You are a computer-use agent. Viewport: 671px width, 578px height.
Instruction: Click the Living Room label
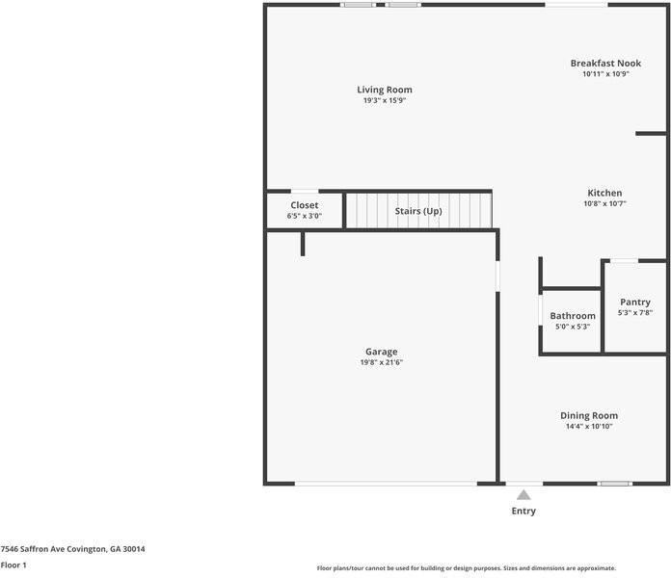[385, 90]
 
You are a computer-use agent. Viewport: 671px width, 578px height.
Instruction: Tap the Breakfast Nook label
[604, 63]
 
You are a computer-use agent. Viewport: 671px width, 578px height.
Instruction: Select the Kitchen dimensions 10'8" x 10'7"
[604, 204]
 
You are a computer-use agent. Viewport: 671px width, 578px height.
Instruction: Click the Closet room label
[304, 205]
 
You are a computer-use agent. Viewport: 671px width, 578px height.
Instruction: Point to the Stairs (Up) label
[418, 210]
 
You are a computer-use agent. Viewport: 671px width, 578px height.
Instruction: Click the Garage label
[381, 352]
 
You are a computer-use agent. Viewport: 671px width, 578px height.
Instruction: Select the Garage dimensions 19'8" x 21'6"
[381, 363]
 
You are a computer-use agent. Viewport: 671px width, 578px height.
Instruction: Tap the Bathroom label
[573, 316]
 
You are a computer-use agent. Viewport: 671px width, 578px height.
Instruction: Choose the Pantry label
[634, 302]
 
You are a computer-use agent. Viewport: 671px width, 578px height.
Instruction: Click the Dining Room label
[588, 415]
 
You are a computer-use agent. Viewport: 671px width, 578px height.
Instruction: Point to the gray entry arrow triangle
[523, 495]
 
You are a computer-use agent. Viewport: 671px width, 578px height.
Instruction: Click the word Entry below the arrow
[523, 511]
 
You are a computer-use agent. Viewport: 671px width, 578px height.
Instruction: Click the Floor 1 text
[13, 565]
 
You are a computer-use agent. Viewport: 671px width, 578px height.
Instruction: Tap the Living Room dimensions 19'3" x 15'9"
[385, 101]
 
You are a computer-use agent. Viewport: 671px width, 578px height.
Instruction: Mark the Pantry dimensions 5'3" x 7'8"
[634, 314]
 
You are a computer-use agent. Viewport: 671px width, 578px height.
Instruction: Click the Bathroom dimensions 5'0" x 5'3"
[573, 328]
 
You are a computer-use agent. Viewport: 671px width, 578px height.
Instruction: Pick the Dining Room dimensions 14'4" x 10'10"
[588, 427]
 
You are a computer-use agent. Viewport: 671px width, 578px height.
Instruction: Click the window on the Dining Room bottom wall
[614, 484]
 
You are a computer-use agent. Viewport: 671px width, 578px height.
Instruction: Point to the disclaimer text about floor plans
[466, 568]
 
